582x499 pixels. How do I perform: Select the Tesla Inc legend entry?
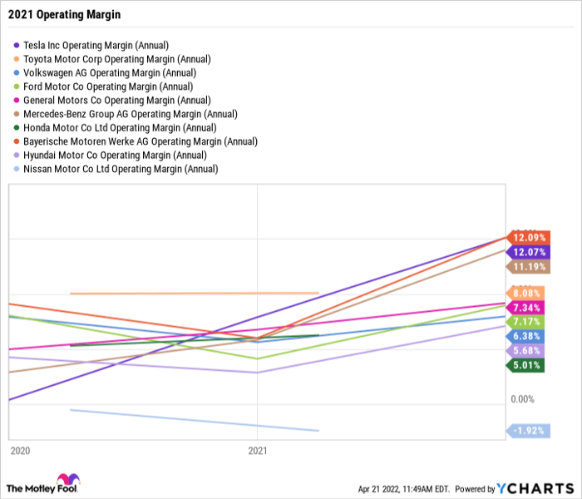coord(96,46)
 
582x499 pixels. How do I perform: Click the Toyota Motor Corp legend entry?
coord(116,59)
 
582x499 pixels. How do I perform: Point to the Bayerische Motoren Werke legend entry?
coord(140,141)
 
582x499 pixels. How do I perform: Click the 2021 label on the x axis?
coord(258,450)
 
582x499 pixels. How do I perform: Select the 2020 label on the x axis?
coord(20,450)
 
